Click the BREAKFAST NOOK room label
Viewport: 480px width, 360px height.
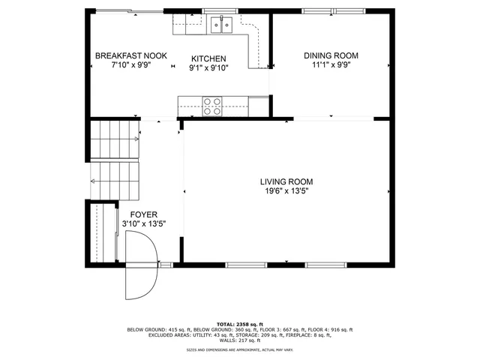point(130,56)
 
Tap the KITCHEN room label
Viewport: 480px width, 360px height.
point(208,58)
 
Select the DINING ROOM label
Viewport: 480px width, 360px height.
point(331,55)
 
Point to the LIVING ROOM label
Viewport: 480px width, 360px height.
point(286,181)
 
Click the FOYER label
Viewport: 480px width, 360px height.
point(143,214)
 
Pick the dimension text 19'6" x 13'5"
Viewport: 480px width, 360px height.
point(286,192)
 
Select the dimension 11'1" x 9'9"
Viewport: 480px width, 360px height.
point(331,65)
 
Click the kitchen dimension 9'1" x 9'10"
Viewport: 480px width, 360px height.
point(208,68)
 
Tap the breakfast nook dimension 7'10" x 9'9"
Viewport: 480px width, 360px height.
point(130,66)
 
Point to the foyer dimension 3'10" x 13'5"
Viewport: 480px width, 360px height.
point(143,223)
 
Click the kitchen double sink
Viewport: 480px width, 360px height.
point(221,26)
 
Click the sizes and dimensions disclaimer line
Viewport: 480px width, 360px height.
point(239,350)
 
